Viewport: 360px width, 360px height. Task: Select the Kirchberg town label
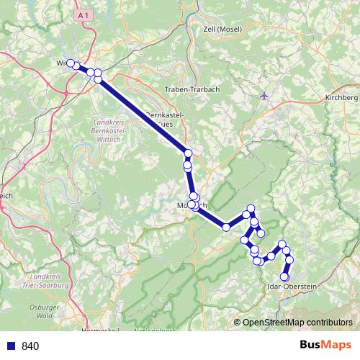(341, 97)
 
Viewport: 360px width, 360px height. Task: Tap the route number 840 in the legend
(30, 346)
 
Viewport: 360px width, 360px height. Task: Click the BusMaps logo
(325, 345)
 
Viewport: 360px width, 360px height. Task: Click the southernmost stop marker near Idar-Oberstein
(284, 276)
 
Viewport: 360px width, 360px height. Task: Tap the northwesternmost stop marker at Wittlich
(71, 63)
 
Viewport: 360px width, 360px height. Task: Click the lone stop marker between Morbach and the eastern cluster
(226, 228)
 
